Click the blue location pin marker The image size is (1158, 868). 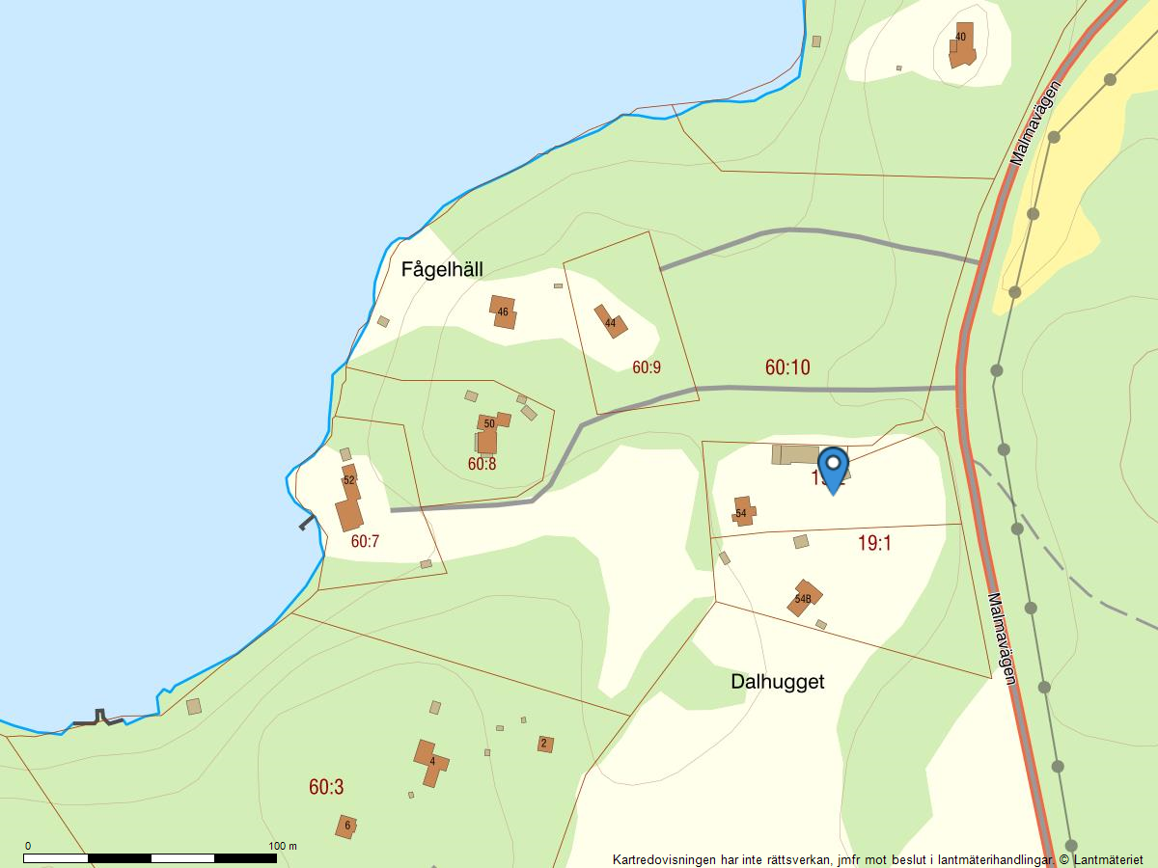pos(833,468)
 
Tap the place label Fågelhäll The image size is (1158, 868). pos(442,269)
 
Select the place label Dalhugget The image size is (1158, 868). pos(777,682)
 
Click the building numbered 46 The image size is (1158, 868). pos(503,312)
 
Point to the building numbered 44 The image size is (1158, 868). pos(610,322)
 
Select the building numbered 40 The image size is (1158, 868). pos(961,43)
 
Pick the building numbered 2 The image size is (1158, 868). pos(544,744)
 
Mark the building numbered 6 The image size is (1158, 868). pos(346,826)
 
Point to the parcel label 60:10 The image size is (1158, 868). pos(787,367)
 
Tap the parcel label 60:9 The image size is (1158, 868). pos(647,367)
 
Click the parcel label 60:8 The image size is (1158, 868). pos(482,464)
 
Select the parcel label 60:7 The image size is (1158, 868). pos(365,542)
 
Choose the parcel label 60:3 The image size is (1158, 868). pos(326,788)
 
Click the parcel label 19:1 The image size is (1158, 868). pos(874,544)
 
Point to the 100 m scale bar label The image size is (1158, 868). pos(283,846)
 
